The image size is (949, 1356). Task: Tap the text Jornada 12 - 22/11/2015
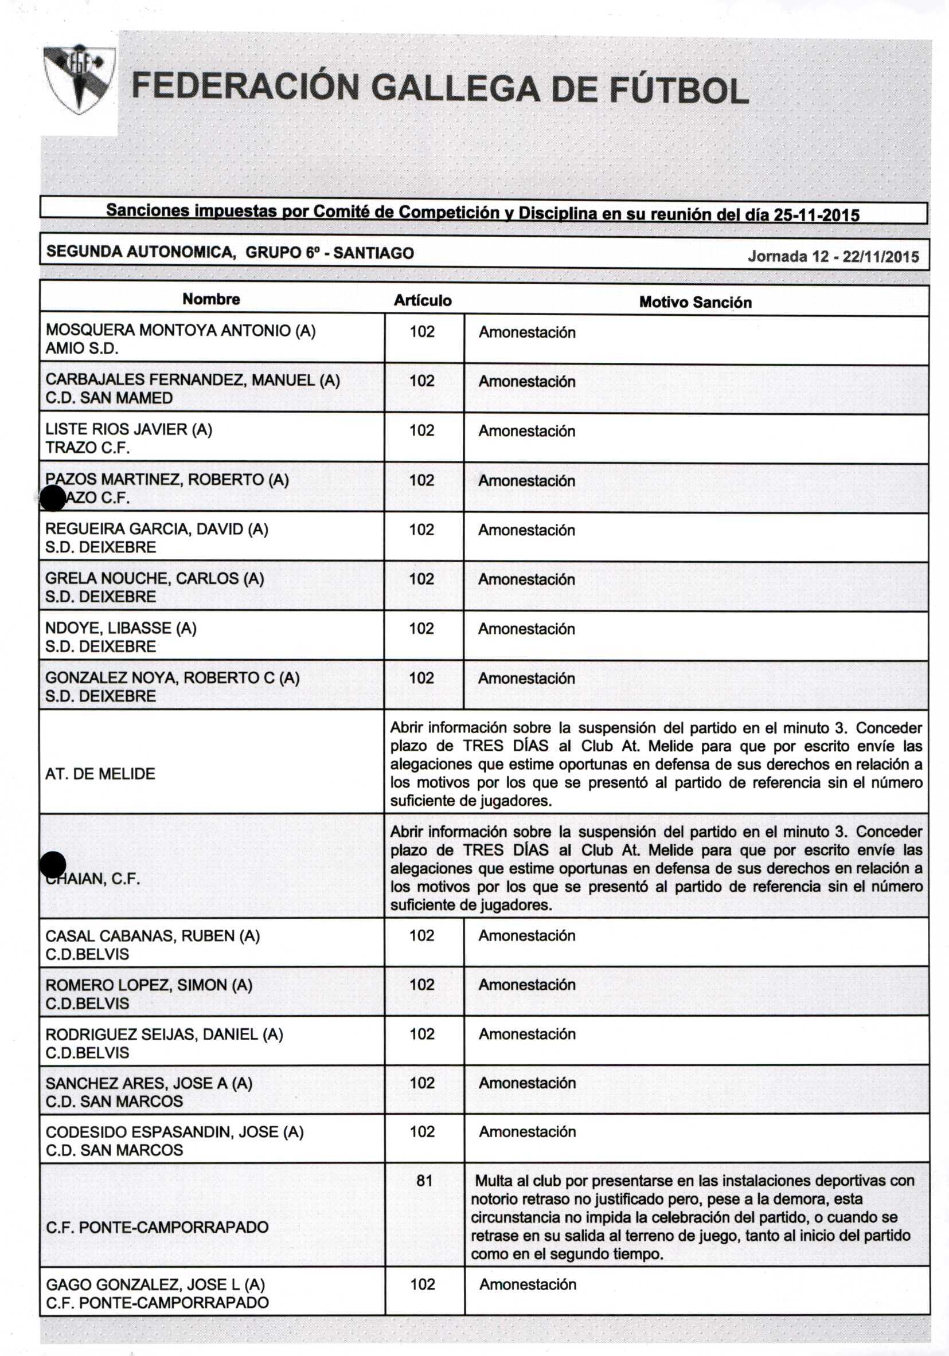click(833, 256)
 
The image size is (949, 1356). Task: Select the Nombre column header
click(211, 299)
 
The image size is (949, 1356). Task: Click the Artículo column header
click(423, 301)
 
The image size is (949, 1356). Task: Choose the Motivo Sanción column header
click(695, 303)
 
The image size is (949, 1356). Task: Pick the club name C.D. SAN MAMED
click(109, 398)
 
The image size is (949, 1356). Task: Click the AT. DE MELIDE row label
click(100, 774)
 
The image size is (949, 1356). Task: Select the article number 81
click(424, 1181)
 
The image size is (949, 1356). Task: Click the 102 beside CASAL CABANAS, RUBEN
click(422, 935)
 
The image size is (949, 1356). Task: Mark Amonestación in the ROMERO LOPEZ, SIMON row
click(526, 985)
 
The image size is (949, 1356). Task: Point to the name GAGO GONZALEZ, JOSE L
click(155, 1284)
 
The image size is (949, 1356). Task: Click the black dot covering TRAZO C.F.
click(53, 499)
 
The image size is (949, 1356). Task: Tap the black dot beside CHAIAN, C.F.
click(53, 865)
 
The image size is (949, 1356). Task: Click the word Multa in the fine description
click(494, 1181)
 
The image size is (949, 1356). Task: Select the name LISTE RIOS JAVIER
click(128, 429)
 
